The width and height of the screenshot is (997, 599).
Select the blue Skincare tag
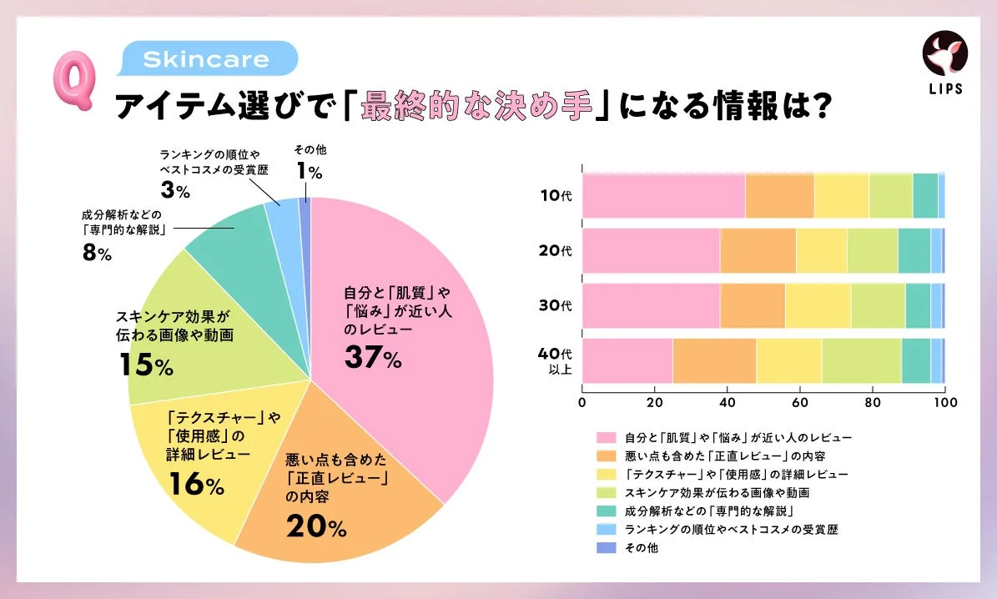[x=206, y=60]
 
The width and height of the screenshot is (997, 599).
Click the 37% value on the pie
[x=373, y=357]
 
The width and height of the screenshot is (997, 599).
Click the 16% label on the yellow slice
[x=196, y=485]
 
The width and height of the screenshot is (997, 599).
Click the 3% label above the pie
[x=176, y=189]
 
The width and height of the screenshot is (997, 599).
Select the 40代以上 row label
[x=555, y=360]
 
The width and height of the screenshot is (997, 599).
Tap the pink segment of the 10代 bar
[x=663, y=196]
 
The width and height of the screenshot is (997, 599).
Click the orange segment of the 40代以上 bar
[x=714, y=360]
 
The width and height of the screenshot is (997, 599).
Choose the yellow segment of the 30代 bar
[x=818, y=305]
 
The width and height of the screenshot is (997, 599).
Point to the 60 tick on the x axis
[x=799, y=402]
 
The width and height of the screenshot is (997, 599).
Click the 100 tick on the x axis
[x=944, y=402]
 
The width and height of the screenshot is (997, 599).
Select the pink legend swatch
[x=606, y=436]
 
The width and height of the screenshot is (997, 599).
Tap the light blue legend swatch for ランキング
[x=606, y=530]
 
